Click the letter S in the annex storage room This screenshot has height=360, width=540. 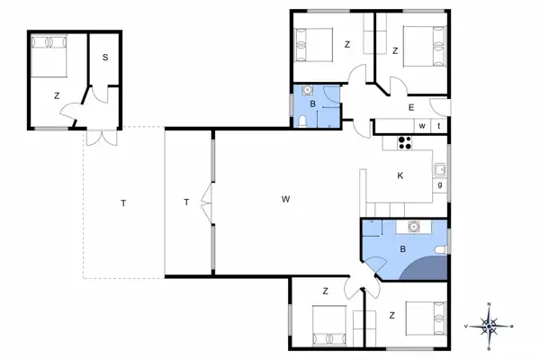pos(105,57)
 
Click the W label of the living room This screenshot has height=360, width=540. pos(285,198)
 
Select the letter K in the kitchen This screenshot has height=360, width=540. pos(400,176)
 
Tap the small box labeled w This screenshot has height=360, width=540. pos(421,126)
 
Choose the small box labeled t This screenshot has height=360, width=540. pos(439,126)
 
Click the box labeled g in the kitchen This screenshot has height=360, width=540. pos(439,185)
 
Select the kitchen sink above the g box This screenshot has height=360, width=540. pos(439,168)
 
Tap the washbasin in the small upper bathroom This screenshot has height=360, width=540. pos(308,90)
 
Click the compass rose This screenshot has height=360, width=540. pos(489,325)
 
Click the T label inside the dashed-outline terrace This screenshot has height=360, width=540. pos(122,202)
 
